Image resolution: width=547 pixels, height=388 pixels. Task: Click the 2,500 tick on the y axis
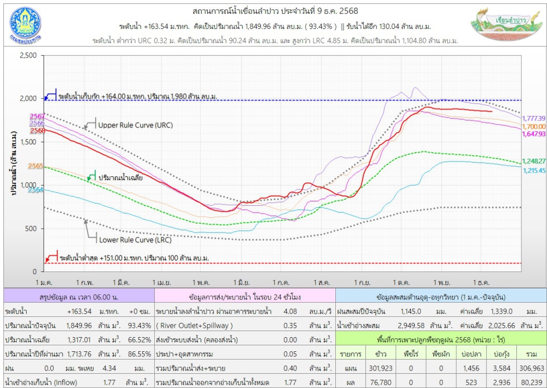click(27, 55)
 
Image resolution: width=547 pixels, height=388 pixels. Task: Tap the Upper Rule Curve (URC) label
click(135, 125)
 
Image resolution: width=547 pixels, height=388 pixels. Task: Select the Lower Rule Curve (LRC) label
click(135, 240)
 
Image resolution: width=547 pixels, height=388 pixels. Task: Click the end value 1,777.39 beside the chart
click(534, 118)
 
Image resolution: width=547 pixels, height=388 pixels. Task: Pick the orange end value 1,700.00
click(534, 126)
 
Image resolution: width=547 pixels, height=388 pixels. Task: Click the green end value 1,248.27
click(534, 161)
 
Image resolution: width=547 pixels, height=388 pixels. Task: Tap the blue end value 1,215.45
click(534, 171)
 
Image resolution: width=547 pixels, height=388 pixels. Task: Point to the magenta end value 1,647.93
click(534, 134)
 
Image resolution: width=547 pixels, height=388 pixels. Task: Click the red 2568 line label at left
click(37, 131)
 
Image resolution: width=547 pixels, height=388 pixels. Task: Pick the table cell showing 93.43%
click(139, 326)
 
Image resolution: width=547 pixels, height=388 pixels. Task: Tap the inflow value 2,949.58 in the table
click(410, 326)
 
